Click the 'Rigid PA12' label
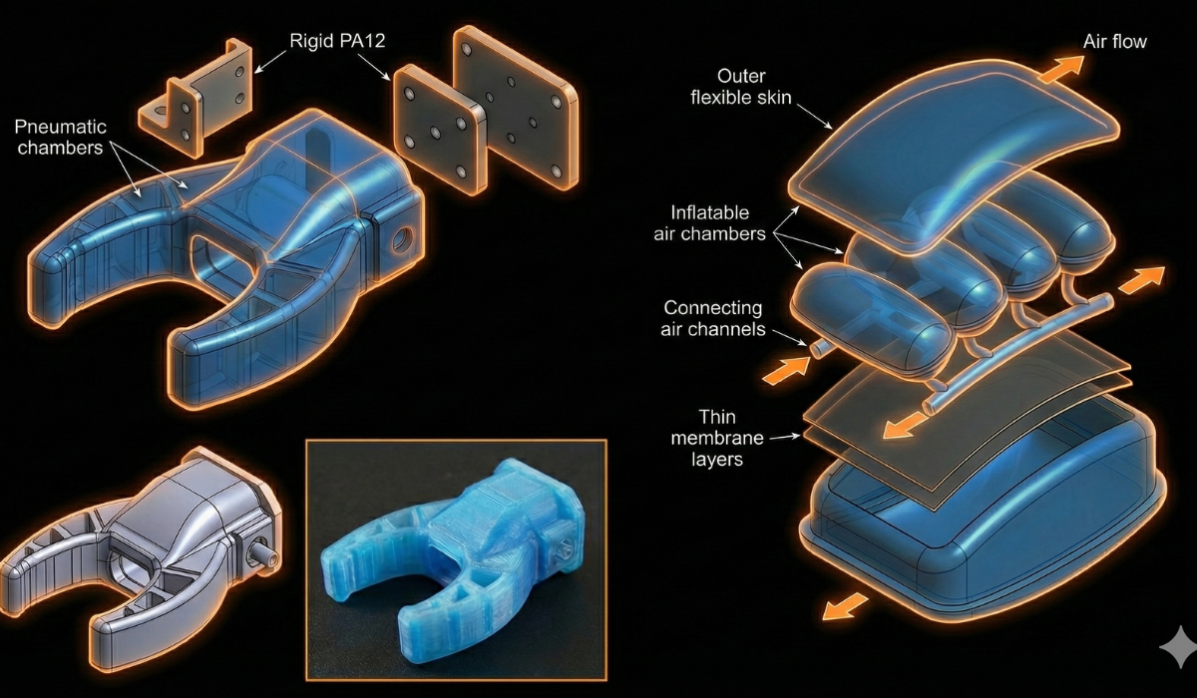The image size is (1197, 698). coord(337,41)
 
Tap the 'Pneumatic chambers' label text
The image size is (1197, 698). coord(61,137)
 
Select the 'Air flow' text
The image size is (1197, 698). coord(1115,42)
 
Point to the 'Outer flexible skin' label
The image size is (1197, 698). coord(741,87)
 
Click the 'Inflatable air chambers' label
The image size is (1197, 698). coord(709,223)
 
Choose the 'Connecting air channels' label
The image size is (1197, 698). coord(713,318)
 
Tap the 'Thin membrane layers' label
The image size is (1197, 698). coord(716,438)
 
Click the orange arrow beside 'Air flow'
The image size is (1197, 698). coord(1061,70)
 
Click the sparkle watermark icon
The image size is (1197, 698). coord(1178,646)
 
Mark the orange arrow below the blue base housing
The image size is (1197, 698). coord(844,606)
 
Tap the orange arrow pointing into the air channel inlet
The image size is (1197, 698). coord(786,370)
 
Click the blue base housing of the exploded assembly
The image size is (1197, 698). coord(984,534)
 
